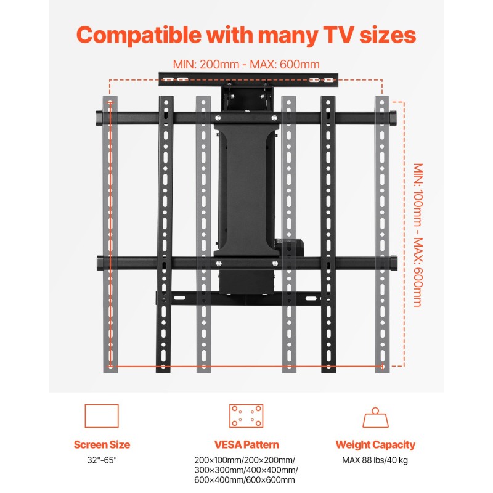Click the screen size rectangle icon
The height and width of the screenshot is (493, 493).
click(x=101, y=416)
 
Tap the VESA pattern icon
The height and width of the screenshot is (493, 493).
click(x=246, y=416)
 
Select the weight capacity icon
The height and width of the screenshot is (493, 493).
click(x=375, y=418)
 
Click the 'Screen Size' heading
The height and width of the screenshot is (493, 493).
click(x=102, y=444)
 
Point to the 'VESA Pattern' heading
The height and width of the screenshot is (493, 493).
click(x=246, y=444)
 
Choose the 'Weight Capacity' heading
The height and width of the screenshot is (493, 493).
click(x=375, y=444)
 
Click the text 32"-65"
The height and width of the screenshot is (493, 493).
click(x=102, y=460)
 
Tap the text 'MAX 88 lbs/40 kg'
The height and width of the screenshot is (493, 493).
click(x=375, y=460)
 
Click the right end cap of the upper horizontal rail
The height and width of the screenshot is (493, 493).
click(x=394, y=117)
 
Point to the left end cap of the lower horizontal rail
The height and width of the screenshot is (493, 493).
click(x=100, y=263)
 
